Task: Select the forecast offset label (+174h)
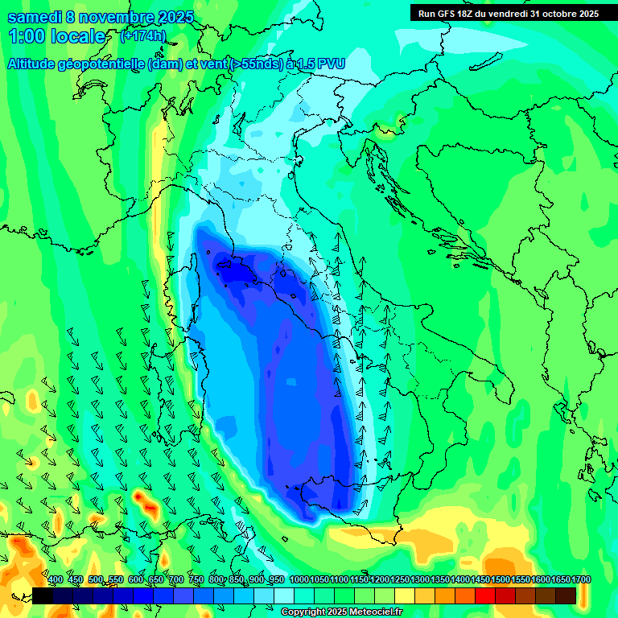coord(143,36)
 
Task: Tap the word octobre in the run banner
coord(550,14)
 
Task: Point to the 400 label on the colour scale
coord(56,579)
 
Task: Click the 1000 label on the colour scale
coord(299,579)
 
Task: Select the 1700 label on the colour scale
coord(580,579)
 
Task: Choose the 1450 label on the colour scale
coord(480,579)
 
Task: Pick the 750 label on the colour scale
coord(196,579)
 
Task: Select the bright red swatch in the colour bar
coord(485,595)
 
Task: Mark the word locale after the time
coord(80,37)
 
